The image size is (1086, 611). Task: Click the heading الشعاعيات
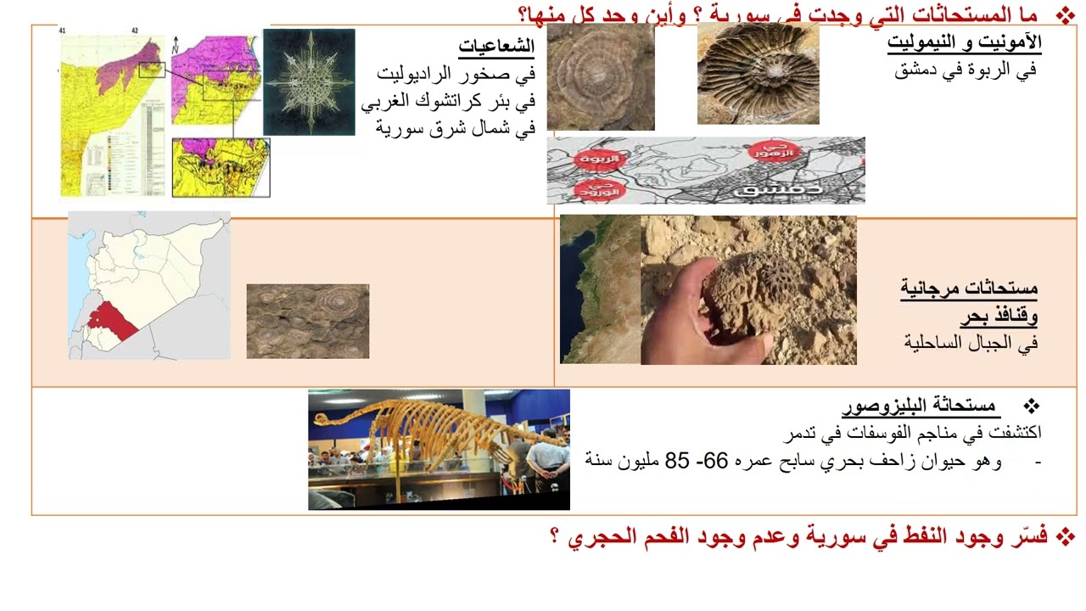coord(496,46)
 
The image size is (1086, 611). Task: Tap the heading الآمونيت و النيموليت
coord(964,42)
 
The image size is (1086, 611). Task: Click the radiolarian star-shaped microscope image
coord(309,82)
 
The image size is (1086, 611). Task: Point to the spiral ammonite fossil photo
coord(758,74)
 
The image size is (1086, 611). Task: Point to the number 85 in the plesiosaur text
coord(678,460)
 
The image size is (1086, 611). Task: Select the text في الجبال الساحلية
coord(971,343)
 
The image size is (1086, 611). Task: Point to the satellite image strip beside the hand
coord(599,289)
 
